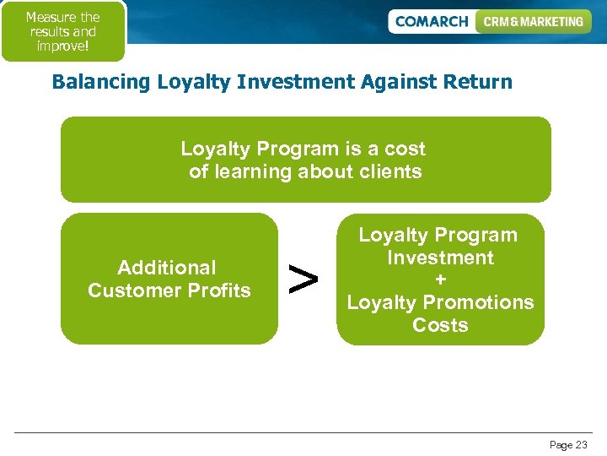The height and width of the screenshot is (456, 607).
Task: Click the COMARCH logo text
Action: click(431, 22)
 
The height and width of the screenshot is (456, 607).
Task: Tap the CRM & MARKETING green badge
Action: click(533, 22)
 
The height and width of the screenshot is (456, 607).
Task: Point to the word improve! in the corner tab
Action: click(62, 46)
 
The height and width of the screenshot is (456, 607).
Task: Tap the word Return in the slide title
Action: click(476, 82)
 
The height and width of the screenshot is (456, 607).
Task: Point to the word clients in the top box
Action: click(389, 172)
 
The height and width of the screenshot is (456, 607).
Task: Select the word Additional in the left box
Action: click(167, 268)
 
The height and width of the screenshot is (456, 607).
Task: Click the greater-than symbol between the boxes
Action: click(303, 278)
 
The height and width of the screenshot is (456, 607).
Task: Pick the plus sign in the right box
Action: click(440, 280)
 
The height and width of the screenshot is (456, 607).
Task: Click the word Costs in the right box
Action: click(440, 325)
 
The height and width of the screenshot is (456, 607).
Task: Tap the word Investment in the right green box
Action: click(440, 258)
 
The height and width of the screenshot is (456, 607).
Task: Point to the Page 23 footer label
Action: click(568, 445)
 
